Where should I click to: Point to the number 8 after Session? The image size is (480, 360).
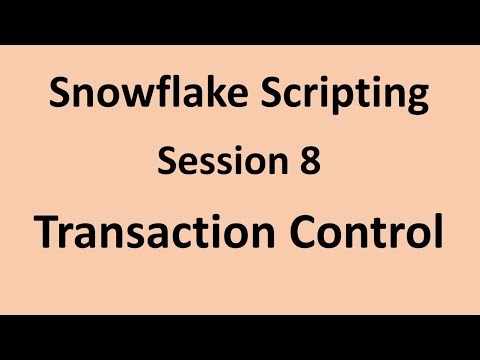(309, 160)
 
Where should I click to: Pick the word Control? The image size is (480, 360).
(371, 232)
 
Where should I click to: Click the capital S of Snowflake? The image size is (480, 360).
(59, 96)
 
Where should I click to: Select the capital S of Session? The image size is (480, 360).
(167, 160)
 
